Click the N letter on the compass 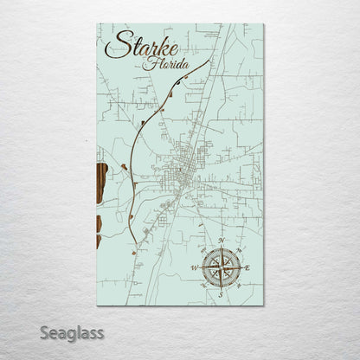222,240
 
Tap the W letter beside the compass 194,267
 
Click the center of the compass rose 222,267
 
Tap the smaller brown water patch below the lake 99,226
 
